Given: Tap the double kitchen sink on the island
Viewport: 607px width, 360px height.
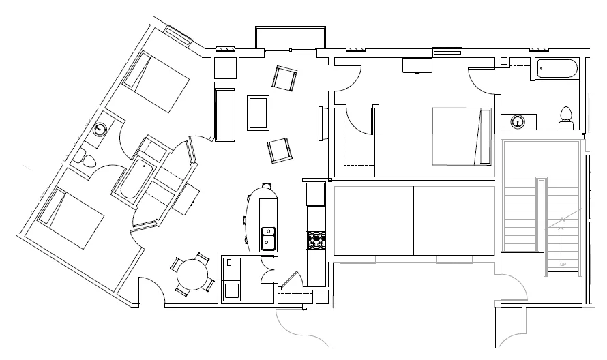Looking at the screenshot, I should point(268,238).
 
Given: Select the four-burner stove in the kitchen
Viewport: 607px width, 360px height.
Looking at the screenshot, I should point(316,241).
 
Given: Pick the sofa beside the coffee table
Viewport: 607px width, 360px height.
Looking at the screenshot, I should point(225,112).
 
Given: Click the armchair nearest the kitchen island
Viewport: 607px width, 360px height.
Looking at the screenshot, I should point(280,150).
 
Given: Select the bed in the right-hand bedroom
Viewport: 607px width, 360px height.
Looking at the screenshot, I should point(462,136).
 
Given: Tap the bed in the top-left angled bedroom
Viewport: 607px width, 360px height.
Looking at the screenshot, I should point(155,81).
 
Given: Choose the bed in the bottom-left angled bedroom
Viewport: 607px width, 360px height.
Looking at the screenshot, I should point(70,217).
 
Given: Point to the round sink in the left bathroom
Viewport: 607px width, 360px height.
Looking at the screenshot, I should point(101,130).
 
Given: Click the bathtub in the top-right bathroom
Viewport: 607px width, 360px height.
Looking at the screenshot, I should point(557,69).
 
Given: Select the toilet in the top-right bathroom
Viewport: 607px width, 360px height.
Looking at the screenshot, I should point(565,118).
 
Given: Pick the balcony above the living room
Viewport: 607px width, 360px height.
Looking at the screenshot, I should point(291,37).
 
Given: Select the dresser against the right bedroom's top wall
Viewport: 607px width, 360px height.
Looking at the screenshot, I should point(415,65).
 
